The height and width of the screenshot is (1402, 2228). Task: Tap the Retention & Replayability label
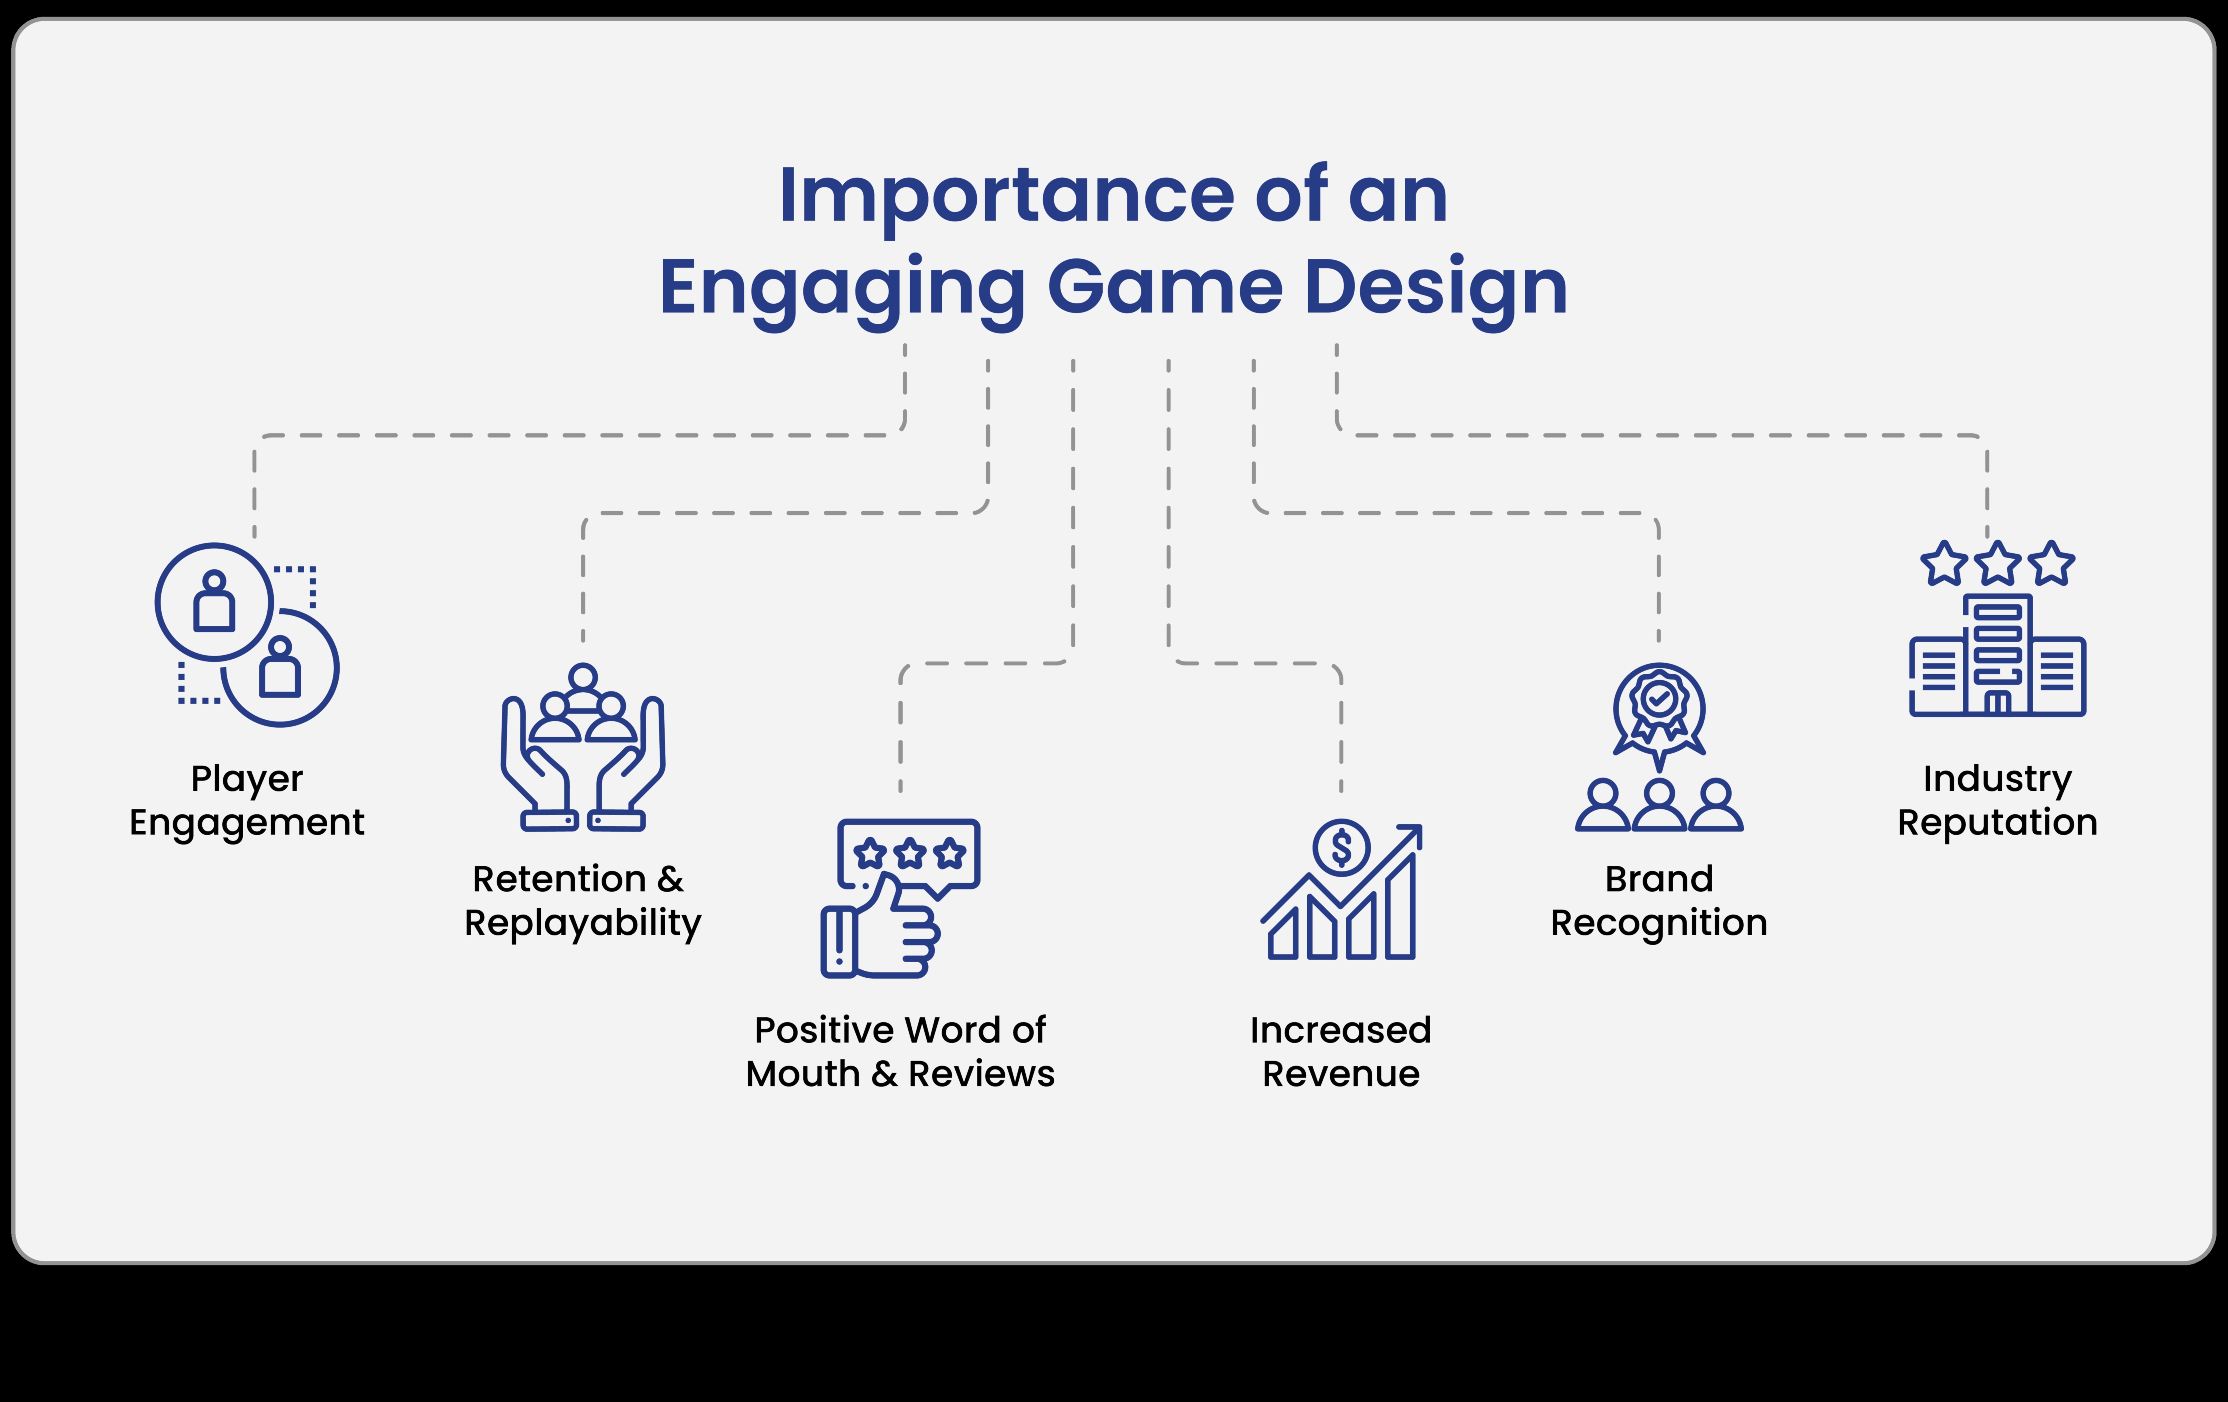[583, 901]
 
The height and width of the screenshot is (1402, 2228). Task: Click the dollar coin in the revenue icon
[1341, 847]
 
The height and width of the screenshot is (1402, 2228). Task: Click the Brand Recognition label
[1659, 901]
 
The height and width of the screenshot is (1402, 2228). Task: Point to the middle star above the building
[1997, 563]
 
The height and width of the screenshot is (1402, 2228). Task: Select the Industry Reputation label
[1997, 801]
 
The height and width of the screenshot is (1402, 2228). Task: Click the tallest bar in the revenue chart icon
[1400, 907]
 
